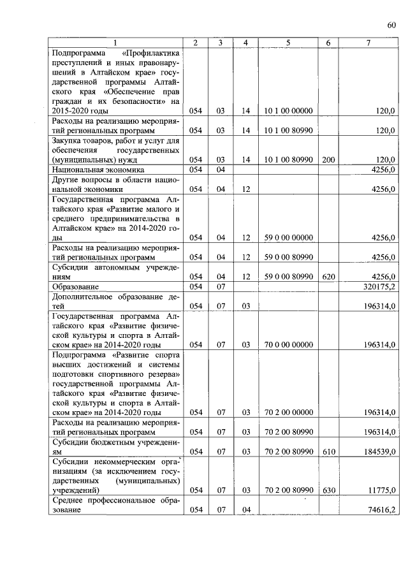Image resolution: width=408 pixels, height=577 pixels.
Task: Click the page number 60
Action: click(x=391, y=25)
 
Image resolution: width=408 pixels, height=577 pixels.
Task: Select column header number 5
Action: click(x=288, y=43)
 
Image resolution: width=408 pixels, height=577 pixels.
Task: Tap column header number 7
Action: click(x=368, y=43)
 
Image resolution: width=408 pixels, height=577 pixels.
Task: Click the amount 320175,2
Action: click(x=379, y=287)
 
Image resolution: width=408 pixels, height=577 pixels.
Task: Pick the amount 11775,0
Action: click(x=382, y=490)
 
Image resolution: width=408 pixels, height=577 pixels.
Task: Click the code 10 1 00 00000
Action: click(x=288, y=110)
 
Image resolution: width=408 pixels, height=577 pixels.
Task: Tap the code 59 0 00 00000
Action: click(x=288, y=237)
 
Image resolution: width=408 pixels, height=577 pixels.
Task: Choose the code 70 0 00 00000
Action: click(x=288, y=345)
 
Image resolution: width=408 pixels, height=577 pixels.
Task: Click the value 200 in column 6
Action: click(x=328, y=159)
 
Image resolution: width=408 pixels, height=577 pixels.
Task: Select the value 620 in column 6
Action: click(x=328, y=276)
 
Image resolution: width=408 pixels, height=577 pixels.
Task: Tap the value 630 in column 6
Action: click(x=328, y=490)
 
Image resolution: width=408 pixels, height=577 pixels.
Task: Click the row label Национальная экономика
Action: click(x=99, y=170)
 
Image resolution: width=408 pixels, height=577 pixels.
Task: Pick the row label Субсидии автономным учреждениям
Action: click(x=115, y=272)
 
